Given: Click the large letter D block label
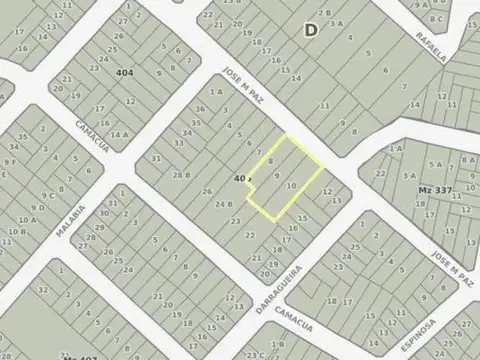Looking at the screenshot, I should tap(310, 30).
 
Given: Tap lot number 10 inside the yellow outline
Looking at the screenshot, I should tap(290, 187).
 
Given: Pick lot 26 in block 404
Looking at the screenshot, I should tap(117, 50).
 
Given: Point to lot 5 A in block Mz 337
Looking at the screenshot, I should tap(434, 163).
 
